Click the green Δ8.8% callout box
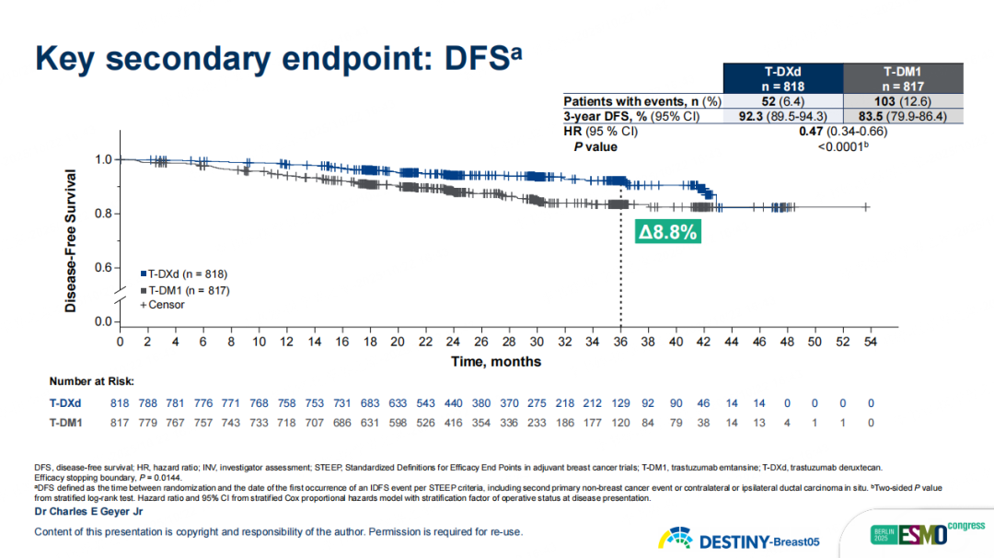(x=667, y=232)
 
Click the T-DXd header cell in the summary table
(x=783, y=77)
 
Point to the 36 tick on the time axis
(x=619, y=342)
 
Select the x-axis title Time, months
(x=496, y=362)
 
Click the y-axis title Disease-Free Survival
(x=71, y=238)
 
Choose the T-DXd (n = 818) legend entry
(x=183, y=274)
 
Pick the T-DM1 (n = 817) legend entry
(x=184, y=289)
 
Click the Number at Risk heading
(x=92, y=379)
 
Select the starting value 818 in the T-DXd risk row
(x=120, y=402)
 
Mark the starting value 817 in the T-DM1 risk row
(x=120, y=424)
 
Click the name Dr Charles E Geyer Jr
(x=88, y=511)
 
